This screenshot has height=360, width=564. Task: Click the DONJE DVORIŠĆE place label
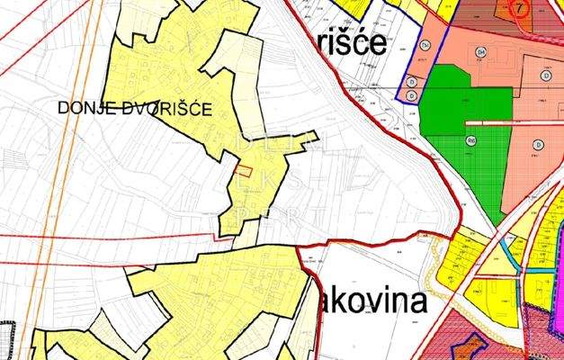[x=134, y=109]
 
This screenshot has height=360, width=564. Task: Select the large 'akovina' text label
[x=372, y=301]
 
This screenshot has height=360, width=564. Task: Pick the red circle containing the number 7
[x=519, y=7]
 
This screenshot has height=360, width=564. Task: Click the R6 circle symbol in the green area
[x=470, y=140]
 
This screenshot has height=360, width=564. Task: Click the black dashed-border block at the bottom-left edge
[x=8, y=340]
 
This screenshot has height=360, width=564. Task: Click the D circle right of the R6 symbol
[x=538, y=144]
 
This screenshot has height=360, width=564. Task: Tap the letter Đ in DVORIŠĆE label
[x=122, y=109]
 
